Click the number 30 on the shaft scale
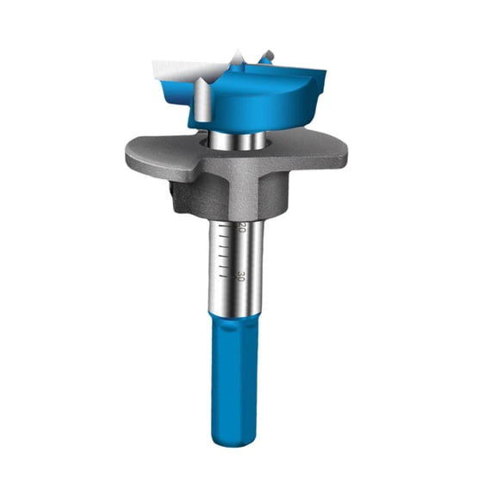click(242, 276)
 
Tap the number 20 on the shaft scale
click(242, 226)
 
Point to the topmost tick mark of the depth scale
click(223, 226)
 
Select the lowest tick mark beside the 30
click(223, 276)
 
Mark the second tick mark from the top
click(223, 236)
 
